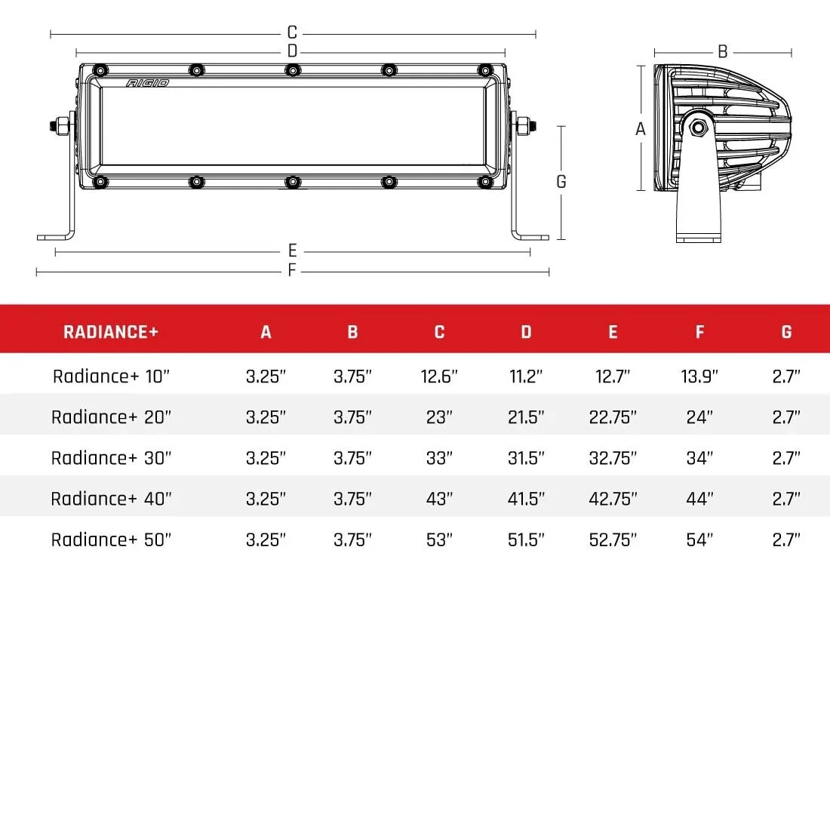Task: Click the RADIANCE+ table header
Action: (111, 332)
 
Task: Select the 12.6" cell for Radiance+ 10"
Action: (439, 376)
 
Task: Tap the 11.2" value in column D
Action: (526, 376)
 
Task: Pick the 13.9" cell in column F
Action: (699, 376)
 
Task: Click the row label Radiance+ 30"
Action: (111, 458)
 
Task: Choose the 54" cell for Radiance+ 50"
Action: (699, 539)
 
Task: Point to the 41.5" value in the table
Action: (526, 499)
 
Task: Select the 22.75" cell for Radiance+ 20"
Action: (613, 417)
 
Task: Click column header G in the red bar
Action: (786, 332)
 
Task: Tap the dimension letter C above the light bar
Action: (292, 33)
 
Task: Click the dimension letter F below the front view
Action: (292, 271)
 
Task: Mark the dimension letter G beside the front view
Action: (561, 182)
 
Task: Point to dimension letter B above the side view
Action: (722, 52)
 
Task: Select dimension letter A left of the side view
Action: (641, 129)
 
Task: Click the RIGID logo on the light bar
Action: (148, 83)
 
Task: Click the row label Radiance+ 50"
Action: (111, 539)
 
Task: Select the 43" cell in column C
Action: (439, 499)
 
